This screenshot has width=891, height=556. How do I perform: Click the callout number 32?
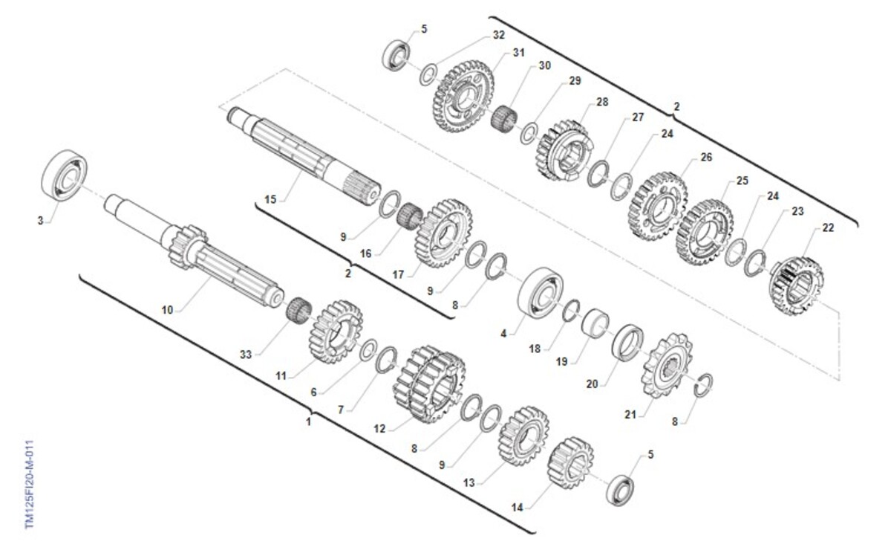(x=499, y=35)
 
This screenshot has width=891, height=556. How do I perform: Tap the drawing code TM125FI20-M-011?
(x=30, y=485)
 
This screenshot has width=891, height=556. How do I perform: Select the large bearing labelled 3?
(x=65, y=175)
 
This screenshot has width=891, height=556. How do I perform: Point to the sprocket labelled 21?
(x=667, y=366)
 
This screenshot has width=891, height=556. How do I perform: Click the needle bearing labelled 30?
(x=504, y=120)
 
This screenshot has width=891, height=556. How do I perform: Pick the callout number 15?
(x=270, y=199)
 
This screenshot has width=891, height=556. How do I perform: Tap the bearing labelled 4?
(x=541, y=292)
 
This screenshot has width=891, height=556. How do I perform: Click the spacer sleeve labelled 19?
(x=595, y=323)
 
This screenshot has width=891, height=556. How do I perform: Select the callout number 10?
(x=168, y=309)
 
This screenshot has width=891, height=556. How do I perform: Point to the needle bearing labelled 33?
(x=299, y=311)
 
